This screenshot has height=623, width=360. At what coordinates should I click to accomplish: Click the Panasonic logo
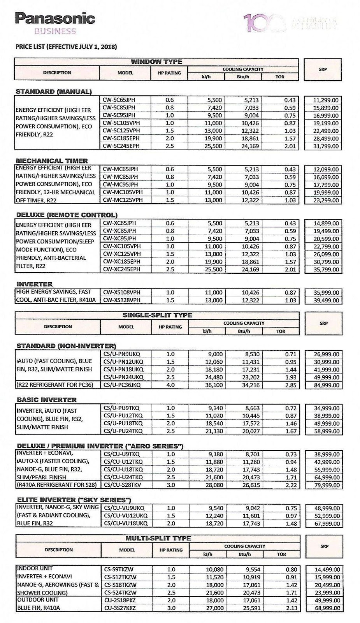(x=55, y=19)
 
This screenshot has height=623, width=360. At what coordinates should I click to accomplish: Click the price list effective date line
(x=66, y=47)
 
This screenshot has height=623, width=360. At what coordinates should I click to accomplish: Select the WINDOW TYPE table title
(x=156, y=62)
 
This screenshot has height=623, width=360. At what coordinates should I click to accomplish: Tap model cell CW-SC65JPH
(x=119, y=100)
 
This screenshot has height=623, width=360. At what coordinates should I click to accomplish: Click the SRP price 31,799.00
(x=326, y=146)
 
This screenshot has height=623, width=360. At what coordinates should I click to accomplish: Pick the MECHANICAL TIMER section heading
(x=52, y=160)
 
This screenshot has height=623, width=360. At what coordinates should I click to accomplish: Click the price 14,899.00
(x=326, y=224)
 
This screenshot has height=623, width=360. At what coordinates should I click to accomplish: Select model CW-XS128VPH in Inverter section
(x=122, y=300)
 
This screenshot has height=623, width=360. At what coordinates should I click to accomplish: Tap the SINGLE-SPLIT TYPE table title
(x=157, y=315)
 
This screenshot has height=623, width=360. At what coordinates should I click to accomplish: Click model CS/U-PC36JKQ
(x=122, y=385)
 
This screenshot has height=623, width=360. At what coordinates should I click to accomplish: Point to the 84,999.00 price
(x=326, y=385)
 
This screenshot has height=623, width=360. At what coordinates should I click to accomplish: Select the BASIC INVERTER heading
(x=47, y=399)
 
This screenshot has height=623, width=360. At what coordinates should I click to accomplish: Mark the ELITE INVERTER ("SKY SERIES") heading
(x=74, y=500)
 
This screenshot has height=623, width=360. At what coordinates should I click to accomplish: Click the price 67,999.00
(x=327, y=523)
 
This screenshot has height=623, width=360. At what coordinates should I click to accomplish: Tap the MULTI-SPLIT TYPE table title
(x=158, y=538)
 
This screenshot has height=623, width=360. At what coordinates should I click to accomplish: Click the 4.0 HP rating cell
(x=170, y=385)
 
